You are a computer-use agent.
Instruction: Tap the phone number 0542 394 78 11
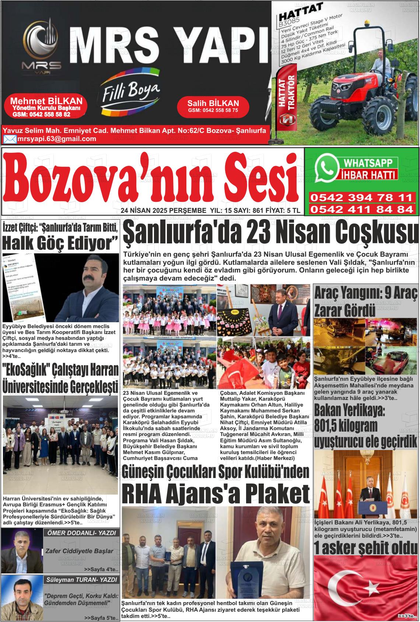point(361,198)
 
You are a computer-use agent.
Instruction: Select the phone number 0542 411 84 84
point(361,210)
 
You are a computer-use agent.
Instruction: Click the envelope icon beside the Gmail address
point(10,139)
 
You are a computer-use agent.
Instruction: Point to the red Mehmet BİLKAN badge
point(46,107)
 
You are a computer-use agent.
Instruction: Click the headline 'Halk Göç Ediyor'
point(60,243)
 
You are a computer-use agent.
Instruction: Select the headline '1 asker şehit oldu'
point(366,548)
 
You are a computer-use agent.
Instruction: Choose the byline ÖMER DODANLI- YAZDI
point(81,533)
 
